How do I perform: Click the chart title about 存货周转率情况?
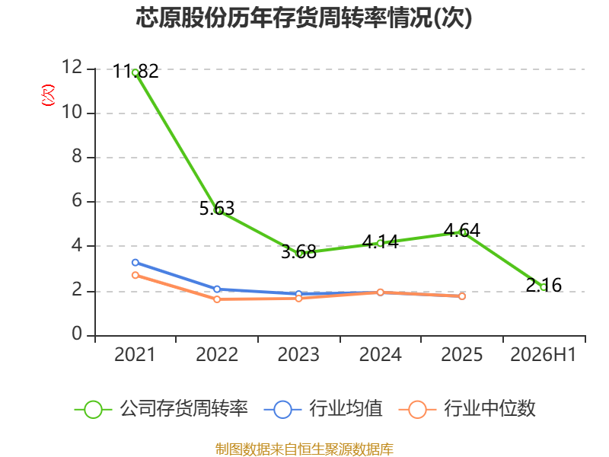tap(304, 18)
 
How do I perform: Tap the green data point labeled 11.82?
tap(136, 72)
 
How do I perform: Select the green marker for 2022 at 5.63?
tap(217, 210)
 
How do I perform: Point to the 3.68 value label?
tap(298, 252)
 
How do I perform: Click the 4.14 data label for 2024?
tap(380, 241)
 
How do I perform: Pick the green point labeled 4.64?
tap(462, 232)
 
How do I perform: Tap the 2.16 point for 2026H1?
tap(544, 287)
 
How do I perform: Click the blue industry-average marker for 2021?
tap(136, 263)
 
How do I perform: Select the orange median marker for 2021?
tap(136, 275)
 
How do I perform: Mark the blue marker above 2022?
tap(217, 289)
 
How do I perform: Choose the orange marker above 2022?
tap(217, 299)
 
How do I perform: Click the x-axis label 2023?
tap(298, 354)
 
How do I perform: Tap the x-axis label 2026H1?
tap(544, 354)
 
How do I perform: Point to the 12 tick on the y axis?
tap(72, 67)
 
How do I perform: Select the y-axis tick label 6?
tap(77, 201)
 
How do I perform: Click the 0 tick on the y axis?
tap(77, 334)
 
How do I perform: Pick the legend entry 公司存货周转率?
tap(161, 409)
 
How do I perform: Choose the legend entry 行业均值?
tap(323, 409)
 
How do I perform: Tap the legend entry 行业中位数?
tap(467, 409)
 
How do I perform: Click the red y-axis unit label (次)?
tap(48, 95)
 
